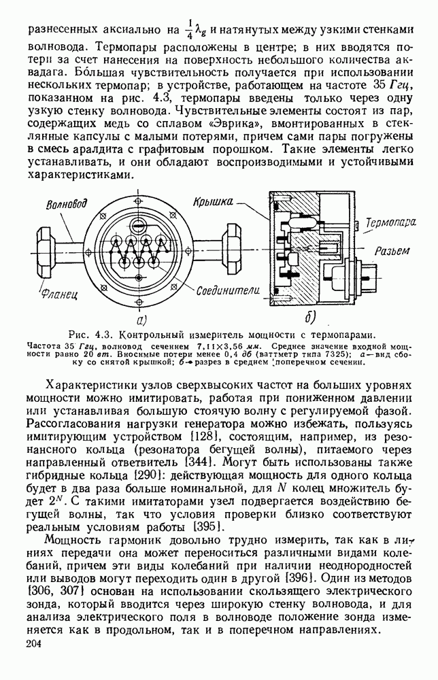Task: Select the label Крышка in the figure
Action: pos(212,202)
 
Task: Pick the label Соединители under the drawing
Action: pos(219,290)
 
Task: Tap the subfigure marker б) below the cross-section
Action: pos(311,319)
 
